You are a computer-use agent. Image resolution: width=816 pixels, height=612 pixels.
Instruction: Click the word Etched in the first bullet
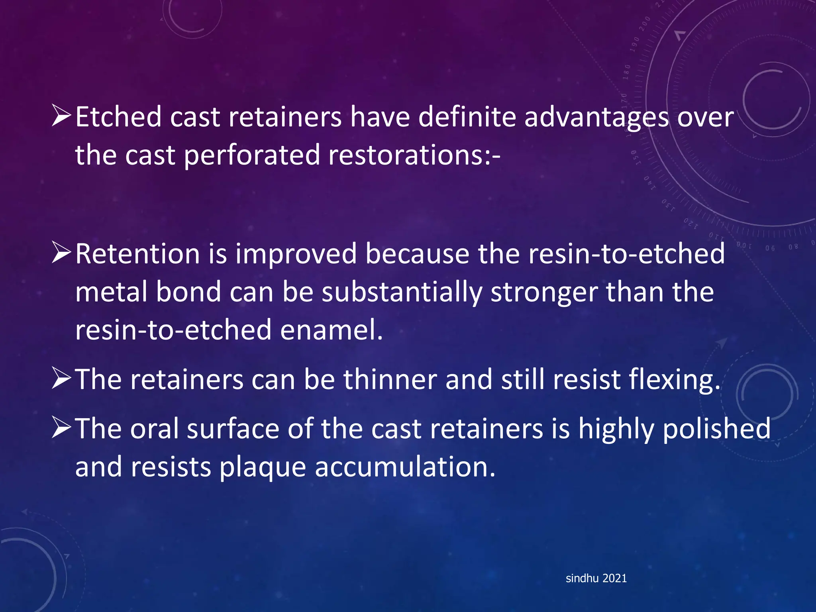(x=118, y=117)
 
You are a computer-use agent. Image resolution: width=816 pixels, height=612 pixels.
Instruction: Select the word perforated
(x=252, y=155)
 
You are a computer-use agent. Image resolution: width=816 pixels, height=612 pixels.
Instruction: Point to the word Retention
(x=137, y=254)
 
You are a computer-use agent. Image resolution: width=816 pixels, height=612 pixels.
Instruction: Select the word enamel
(x=331, y=330)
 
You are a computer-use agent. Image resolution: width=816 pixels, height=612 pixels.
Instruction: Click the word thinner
(x=390, y=379)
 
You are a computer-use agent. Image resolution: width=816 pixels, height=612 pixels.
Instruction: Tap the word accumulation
(x=405, y=467)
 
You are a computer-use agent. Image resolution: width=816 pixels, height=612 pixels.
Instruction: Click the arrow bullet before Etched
(x=61, y=117)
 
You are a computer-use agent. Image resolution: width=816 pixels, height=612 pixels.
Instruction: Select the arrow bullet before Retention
(x=61, y=254)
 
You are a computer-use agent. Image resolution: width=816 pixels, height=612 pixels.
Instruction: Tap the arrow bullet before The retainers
(x=61, y=379)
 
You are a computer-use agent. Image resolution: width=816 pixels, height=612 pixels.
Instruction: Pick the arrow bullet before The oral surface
(x=61, y=428)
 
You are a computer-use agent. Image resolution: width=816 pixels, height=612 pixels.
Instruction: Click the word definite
(x=467, y=117)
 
